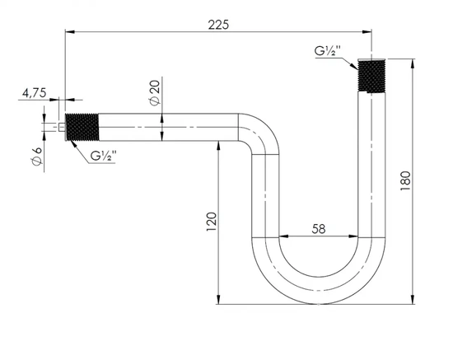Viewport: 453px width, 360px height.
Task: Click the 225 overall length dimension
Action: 217,24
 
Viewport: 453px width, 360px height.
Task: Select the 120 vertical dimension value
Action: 212,220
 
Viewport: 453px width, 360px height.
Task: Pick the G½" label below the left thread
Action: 104,156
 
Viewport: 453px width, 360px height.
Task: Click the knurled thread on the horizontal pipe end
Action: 83,129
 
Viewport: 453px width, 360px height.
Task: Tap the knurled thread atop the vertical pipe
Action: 371,76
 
